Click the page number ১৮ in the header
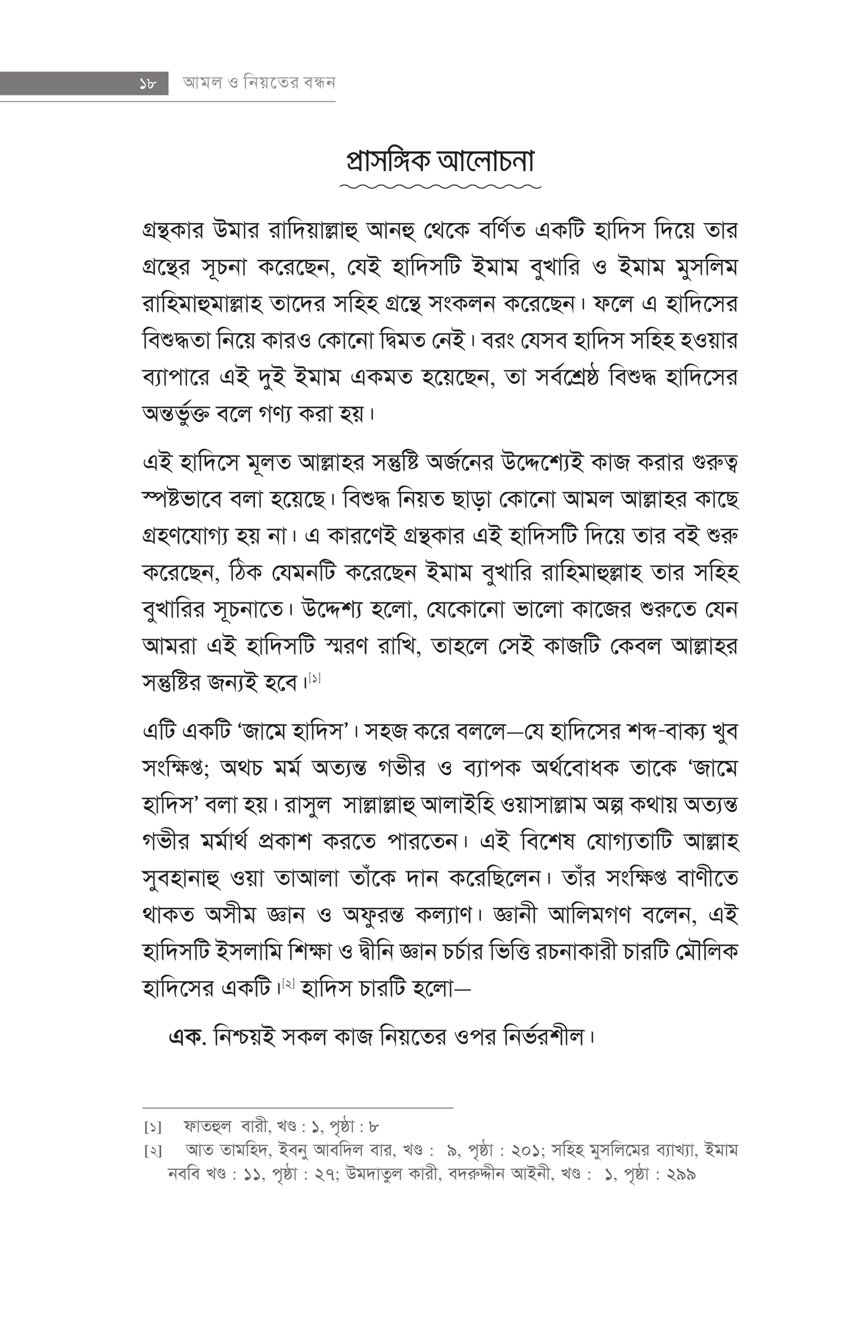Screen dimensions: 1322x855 click(146, 84)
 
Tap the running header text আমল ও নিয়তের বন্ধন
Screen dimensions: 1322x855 click(259, 83)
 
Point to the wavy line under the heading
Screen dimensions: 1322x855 click(440, 187)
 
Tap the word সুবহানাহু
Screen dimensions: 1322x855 click(181, 879)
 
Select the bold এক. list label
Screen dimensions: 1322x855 click(188, 1037)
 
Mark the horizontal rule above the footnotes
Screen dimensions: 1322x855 click(298, 1108)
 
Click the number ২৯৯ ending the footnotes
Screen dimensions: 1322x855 click(681, 1175)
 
